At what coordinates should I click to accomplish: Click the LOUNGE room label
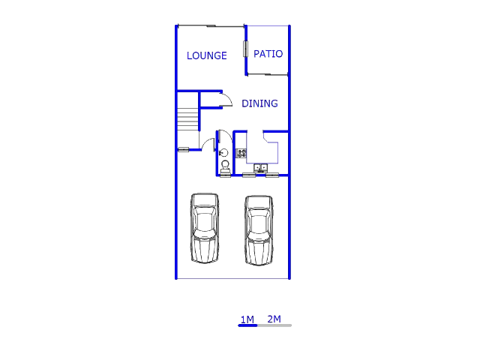(x=206, y=55)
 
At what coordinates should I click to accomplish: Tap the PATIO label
(x=268, y=54)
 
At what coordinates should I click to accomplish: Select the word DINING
(x=259, y=103)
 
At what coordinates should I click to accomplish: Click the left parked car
(x=205, y=228)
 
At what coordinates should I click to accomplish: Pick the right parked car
(x=259, y=230)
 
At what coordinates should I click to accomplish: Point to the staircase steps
(x=187, y=118)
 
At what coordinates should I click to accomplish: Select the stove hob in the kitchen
(x=241, y=153)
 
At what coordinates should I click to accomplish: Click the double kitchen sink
(x=260, y=167)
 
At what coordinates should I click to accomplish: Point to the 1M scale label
(x=247, y=319)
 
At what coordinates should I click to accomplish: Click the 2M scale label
(x=274, y=319)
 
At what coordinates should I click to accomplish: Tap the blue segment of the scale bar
(x=247, y=325)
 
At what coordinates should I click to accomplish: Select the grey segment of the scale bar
(x=274, y=325)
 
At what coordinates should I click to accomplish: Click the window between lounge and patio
(x=245, y=49)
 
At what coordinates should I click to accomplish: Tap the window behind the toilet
(x=225, y=175)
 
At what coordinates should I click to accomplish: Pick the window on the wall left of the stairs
(x=183, y=149)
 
